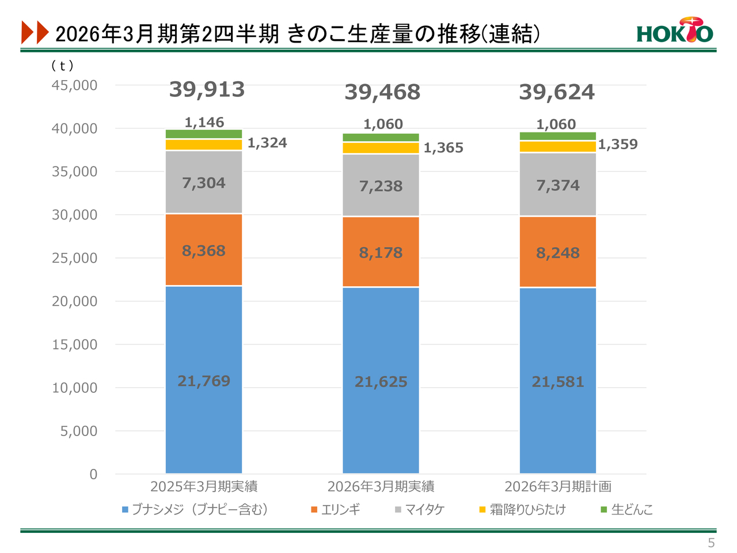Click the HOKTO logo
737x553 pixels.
pyautogui.click(x=674, y=31)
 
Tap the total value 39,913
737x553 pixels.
pyautogui.click(x=207, y=89)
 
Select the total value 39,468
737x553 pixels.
pyautogui.click(x=382, y=92)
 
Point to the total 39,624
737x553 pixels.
pyautogui.click(x=557, y=92)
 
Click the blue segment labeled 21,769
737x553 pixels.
pyautogui.click(x=204, y=380)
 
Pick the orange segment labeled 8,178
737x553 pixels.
pyautogui.click(x=381, y=252)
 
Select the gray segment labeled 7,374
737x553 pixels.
pyautogui.click(x=557, y=185)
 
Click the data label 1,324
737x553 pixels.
pyautogui.click(x=267, y=143)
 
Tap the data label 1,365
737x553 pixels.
pyautogui.click(x=443, y=148)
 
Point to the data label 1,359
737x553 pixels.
pyautogui.click(x=618, y=145)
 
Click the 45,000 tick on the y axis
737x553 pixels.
pyautogui.click(x=75, y=85)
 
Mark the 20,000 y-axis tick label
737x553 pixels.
pyautogui.click(x=75, y=301)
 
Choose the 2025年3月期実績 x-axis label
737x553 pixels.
pyautogui.click(x=204, y=487)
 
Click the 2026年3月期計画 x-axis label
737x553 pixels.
pyautogui.click(x=557, y=487)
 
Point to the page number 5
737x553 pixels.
pyautogui.click(x=711, y=543)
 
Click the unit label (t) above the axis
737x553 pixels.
pyautogui.click(x=62, y=66)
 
